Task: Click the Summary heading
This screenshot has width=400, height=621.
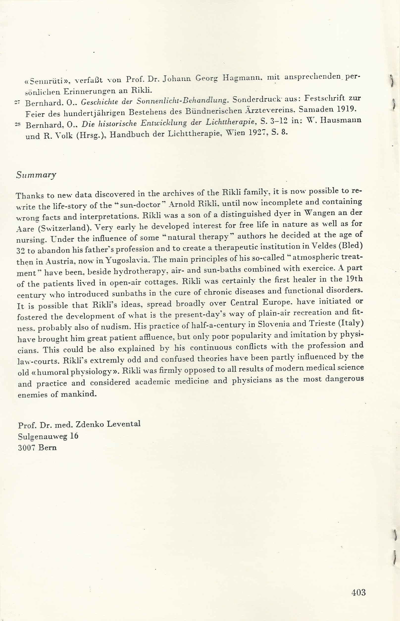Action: pos(36,175)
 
